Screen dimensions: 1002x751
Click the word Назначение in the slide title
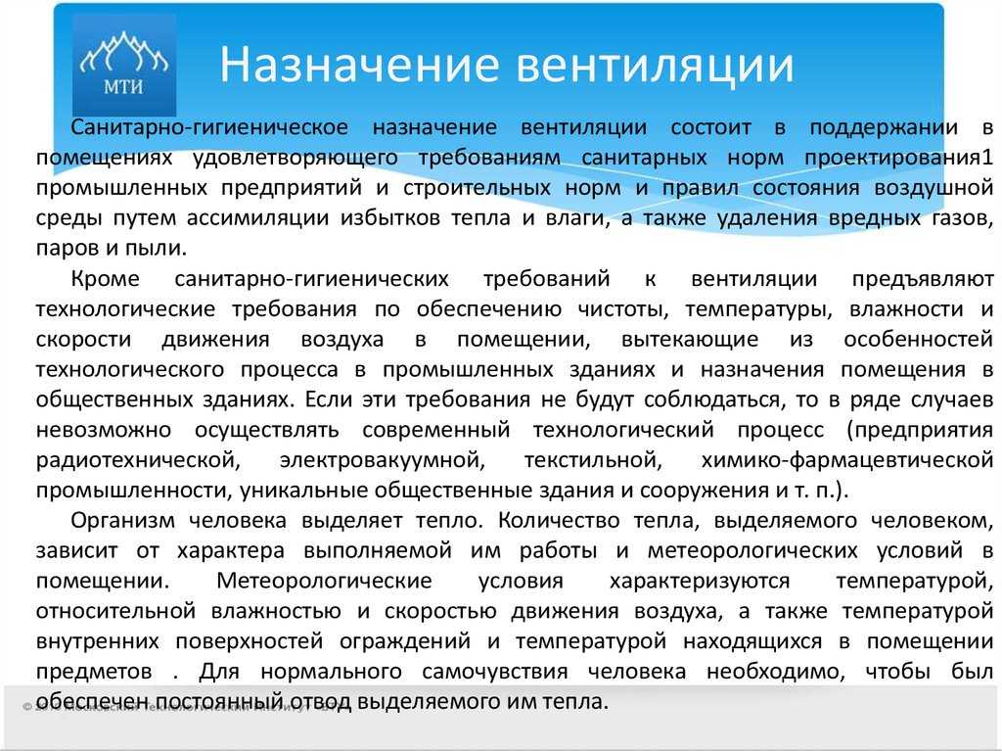tap(359, 65)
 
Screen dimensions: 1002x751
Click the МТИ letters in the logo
tap(124, 86)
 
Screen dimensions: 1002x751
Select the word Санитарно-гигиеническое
tap(209, 127)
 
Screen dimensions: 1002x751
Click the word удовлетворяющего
tap(296, 158)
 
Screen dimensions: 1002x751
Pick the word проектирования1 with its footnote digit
tap(899, 158)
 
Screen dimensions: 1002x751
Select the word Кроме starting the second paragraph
tap(105, 279)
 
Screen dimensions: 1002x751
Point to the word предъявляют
tap(923, 279)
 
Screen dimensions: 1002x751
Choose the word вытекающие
tap(690, 339)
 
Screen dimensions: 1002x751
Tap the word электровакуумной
tap(383, 460)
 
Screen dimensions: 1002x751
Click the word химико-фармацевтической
tap(847, 460)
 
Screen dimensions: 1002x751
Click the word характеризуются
tap(700, 581)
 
